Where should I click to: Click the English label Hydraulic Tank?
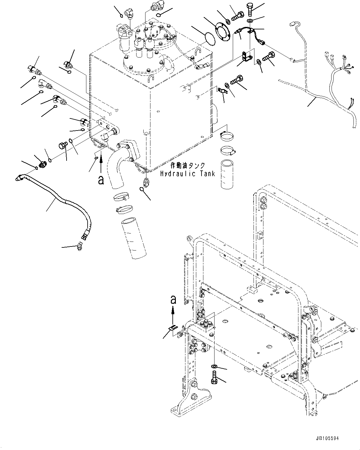187,174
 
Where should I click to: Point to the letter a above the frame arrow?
173,299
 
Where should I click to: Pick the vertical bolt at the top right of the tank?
250,9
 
